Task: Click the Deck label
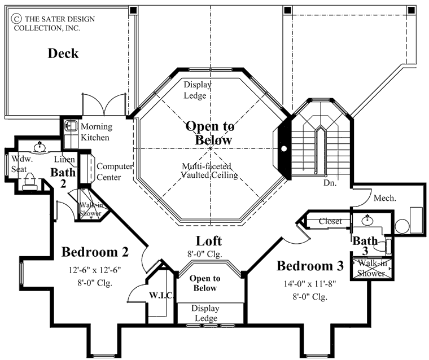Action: pyautogui.click(x=63, y=54)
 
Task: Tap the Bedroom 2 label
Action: pyautogui.click(x=95, y=251)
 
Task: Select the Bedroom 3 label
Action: pyautogui.click(x=311, y=265)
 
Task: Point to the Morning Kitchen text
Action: pyautogui.click(x=96, y=131)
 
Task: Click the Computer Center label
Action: pyautogui.click(x=115, y=172)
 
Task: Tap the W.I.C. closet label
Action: pyautogui.click(x=160, y=295)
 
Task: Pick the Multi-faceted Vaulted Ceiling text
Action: pyautogui.click(x=209, y=170)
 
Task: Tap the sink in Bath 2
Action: pyautogui.click(x=40, y=148)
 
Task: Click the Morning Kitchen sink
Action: pyautogui.click(x=71, y=125)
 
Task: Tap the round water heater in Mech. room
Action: pyautogui.click(x=402, y=226)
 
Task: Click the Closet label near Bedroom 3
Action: pyautogui.click(x=330, y=221)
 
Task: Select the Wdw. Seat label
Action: pyautogui.click(x=19, y=164)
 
